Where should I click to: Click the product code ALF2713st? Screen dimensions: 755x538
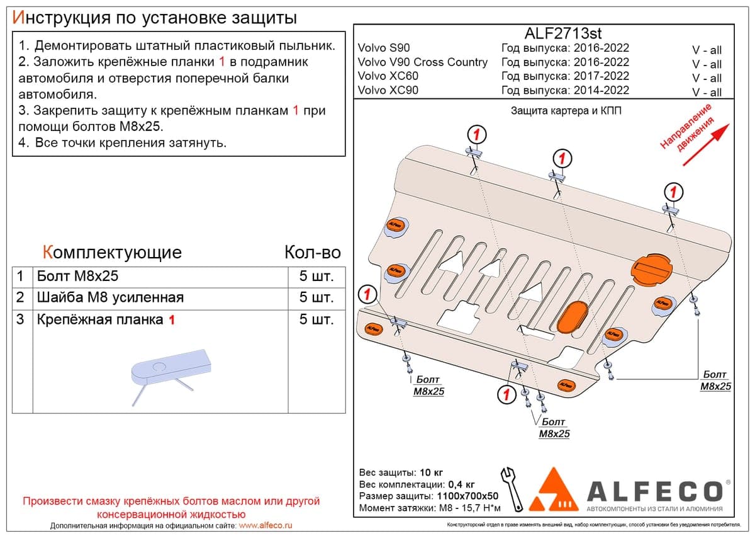(x=563, y=33)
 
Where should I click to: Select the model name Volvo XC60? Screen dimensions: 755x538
(x=388, y=76)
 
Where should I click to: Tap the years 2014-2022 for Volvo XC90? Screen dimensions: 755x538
(x=601, y=90)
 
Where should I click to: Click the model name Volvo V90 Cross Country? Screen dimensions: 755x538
(x=423, y=62)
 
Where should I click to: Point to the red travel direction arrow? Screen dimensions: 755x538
(x=706, y=145)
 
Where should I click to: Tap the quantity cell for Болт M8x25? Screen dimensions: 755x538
(x=316, y=277)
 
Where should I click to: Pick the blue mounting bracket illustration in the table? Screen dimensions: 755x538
(x=172, y=375)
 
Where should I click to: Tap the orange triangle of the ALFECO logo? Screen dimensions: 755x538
(x=553, y=489)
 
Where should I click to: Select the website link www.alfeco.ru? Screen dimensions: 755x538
(x=266, y=525)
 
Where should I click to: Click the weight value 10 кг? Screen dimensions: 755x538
(x=432, y=472)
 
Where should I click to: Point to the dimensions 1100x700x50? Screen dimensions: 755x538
(x=467, y=496)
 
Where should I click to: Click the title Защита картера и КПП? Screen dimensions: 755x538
(x=566, y=111)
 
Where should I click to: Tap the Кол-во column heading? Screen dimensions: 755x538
(x=313, y=252)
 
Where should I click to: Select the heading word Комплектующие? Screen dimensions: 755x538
(x=112, y=253)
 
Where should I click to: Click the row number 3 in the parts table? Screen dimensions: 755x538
(x=20, y=319)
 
